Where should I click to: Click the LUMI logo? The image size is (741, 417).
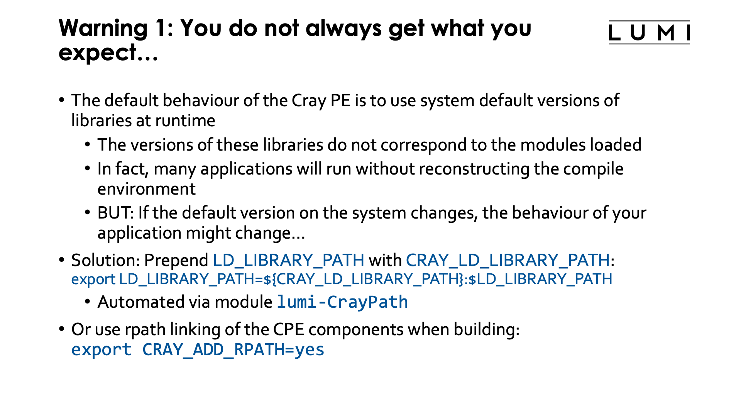click(x=649, y=32)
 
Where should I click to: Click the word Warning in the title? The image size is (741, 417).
click(x=103, y=28)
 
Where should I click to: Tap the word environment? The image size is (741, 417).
click(x=146, y=189)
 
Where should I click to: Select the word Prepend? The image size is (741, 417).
click(x=176, y=261)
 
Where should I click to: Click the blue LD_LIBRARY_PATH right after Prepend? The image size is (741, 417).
click(x=288, y=261)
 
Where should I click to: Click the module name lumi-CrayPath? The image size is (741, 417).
click(x=342, y=302)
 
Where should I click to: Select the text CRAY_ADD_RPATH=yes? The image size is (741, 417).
click(x=233, y=350)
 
